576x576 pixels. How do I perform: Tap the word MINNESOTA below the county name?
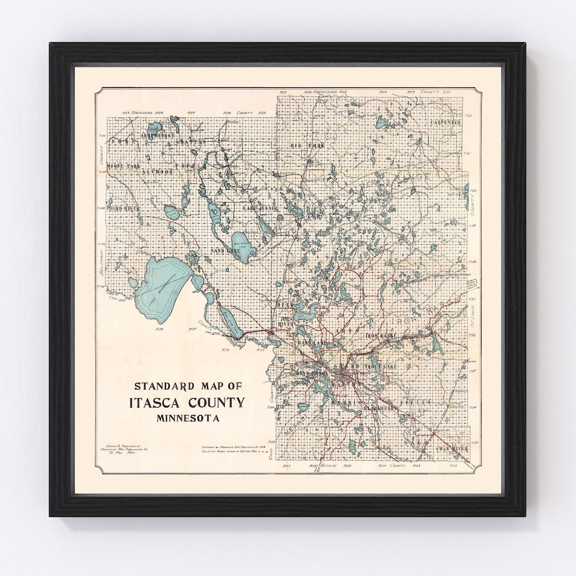pyautogui.click(x=188, y=418)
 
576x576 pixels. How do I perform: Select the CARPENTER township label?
pyautogui.click(x=445, y=122)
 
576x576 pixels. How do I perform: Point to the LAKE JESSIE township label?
pyautogui.click(x=260, y=207)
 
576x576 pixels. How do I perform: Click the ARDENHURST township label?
pyautogui.click(x=158, y=136)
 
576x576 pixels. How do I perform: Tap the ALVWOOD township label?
pyautogui.click(x=158, y=172)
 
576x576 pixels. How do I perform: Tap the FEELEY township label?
pyautogui.click(x=418, y=402)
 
